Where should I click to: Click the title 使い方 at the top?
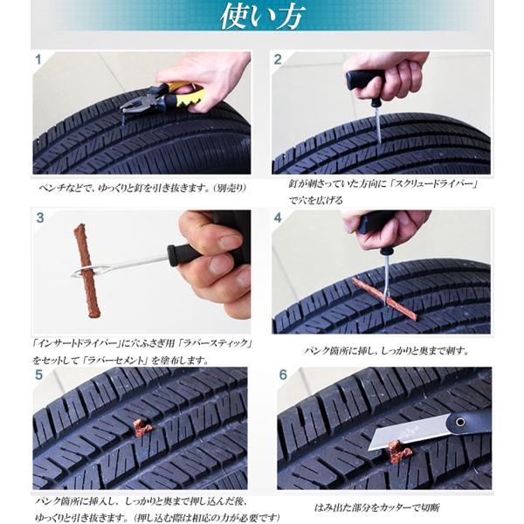pos(263,17)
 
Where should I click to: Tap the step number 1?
pos(38,59)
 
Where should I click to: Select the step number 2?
pos(278,59)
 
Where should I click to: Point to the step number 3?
pos(40,217)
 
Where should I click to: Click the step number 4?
pos(278,217)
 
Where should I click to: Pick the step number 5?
pos(38,375)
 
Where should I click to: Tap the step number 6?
pos(283,375)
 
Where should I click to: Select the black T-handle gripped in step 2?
pos(365,80)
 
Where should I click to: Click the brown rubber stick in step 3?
pos(87,271)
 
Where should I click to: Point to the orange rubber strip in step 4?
pos(385,299)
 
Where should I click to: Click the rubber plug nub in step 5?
pos(143,428)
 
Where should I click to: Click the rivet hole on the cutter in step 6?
pos(461,422)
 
